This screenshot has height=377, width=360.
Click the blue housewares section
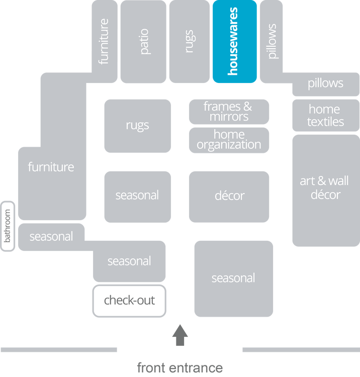[234, 42]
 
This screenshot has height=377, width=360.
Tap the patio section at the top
[143, 42]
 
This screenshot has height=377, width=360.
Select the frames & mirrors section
[229, 112]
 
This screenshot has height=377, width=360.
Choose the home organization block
[229, 140]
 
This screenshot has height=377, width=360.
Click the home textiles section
[325, 115]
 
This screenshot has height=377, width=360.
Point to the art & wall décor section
[325, 189]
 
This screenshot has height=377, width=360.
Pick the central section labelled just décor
[229, 196]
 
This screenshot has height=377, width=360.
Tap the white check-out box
[129, 301]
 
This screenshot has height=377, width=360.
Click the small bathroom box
[8, 226]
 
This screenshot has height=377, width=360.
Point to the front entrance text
[179, 367]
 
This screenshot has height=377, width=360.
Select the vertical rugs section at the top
[189, 42]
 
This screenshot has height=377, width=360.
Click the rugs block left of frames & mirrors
[137, 126]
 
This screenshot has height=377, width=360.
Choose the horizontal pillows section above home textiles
[325, 83]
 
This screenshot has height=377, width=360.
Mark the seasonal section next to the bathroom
[51, 236]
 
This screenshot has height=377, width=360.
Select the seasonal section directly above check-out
[129, 261]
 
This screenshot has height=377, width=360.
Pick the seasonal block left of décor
[137, 196]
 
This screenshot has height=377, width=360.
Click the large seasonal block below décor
[233, 278]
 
